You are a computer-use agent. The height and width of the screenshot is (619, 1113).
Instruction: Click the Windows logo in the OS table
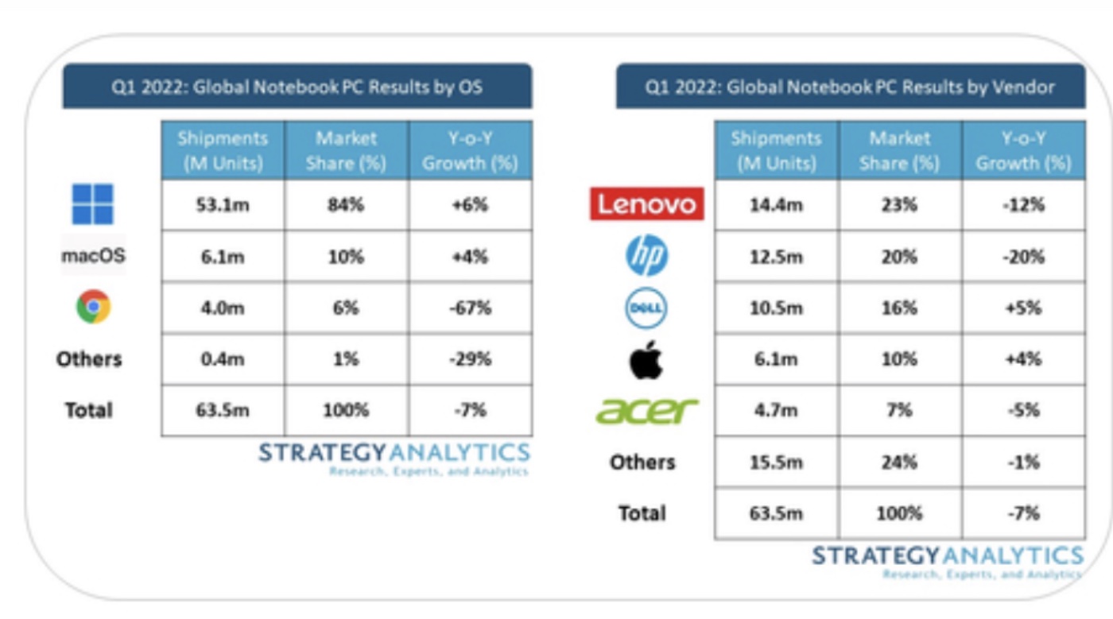[92, 204]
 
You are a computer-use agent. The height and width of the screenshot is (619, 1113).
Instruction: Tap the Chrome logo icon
[93, 307]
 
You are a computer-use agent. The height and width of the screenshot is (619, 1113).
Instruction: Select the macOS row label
[93, 256]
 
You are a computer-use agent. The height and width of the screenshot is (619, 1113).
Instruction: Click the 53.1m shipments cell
[222, 205]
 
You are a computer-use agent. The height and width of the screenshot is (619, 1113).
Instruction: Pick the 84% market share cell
[346, 205]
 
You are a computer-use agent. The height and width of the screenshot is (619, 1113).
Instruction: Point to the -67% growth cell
[469, 308]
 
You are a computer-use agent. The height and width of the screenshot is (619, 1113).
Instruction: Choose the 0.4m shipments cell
[222, 359]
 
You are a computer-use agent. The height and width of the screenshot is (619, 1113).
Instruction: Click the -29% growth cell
[469, 359]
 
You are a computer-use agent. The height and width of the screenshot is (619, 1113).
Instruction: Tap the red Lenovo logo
[646, 204]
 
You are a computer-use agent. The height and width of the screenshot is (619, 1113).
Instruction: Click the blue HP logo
[646, 256]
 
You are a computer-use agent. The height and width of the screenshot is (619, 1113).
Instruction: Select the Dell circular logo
[646, 308]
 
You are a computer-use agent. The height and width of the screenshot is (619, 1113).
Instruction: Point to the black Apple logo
[646, 359]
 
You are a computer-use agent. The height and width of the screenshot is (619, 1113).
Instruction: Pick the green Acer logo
[646, 411]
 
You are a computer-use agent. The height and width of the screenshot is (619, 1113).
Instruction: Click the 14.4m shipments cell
[775, 205]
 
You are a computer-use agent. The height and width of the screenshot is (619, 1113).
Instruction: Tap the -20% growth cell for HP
[1023, 257]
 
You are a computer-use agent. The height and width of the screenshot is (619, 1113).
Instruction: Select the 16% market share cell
[899, 308]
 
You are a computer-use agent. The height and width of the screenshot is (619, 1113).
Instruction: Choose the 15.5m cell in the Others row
[775, 462]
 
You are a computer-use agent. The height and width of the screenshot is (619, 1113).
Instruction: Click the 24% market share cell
[899, 462]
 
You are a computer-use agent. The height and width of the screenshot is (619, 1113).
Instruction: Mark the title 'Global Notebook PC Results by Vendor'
[850, 87]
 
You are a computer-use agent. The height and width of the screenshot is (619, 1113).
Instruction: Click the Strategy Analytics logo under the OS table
[394, 457]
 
